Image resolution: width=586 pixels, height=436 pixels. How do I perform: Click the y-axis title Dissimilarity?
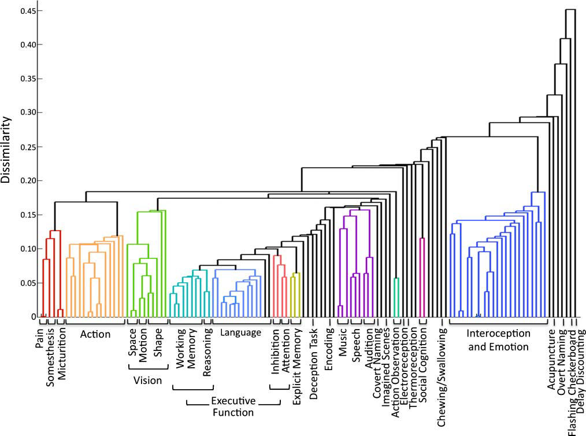pyautogui.click(x=7, y=150)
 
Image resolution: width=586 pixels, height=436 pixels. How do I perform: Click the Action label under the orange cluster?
pyautogui.click(x=95, y=334)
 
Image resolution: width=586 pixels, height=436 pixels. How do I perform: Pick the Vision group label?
pyautogui.click(x=147, y=380)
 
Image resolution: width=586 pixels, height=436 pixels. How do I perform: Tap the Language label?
pyautogui.click(x=240, y=332)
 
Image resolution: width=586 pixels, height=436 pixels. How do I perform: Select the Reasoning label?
pyautogui.click(x=208, y=353)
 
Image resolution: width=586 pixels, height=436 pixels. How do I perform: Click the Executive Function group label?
pyautogui.click(x=232, y=407)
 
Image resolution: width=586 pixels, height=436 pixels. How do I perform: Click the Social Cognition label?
pyautogui.click(x=422, y=359)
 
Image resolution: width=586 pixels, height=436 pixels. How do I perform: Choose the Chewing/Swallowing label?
pyautogui.click(x=442, y=362)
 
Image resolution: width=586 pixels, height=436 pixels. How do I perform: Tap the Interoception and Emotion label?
pyautogui.click(x=498, y=341)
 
